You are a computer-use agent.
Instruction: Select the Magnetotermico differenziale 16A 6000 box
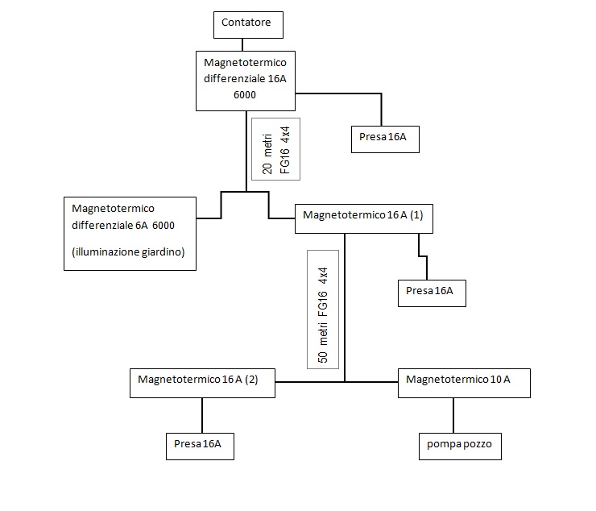[x=245, y=80]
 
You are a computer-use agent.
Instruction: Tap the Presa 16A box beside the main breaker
[x=384, y=138]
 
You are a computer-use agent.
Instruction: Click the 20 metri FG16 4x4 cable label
[x=275, y=148]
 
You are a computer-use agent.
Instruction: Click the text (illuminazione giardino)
[x=128, y=252]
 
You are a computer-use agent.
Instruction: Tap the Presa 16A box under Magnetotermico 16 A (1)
[x=432, y=291]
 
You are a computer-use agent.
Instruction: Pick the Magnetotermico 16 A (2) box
[x=202, y=381]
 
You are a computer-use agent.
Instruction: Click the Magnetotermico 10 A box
[x=464, y=381]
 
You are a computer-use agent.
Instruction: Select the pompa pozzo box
[x=459, y=444]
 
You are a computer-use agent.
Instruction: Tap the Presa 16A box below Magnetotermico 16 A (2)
[x=200, y=444]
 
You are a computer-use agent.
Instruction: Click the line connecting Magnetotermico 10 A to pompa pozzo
[x=453, y=413]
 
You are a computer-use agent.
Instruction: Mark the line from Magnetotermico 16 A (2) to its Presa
[x=201, y=413]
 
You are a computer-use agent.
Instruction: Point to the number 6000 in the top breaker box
[x=245, y=95]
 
